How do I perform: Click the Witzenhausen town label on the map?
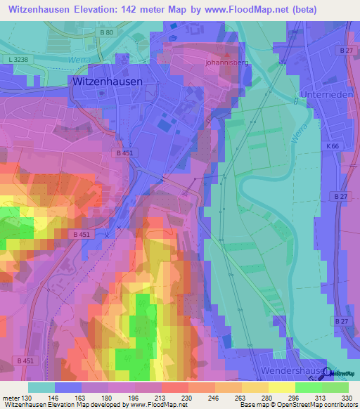tap(108, 82)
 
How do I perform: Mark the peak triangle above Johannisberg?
tap(227, 55)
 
